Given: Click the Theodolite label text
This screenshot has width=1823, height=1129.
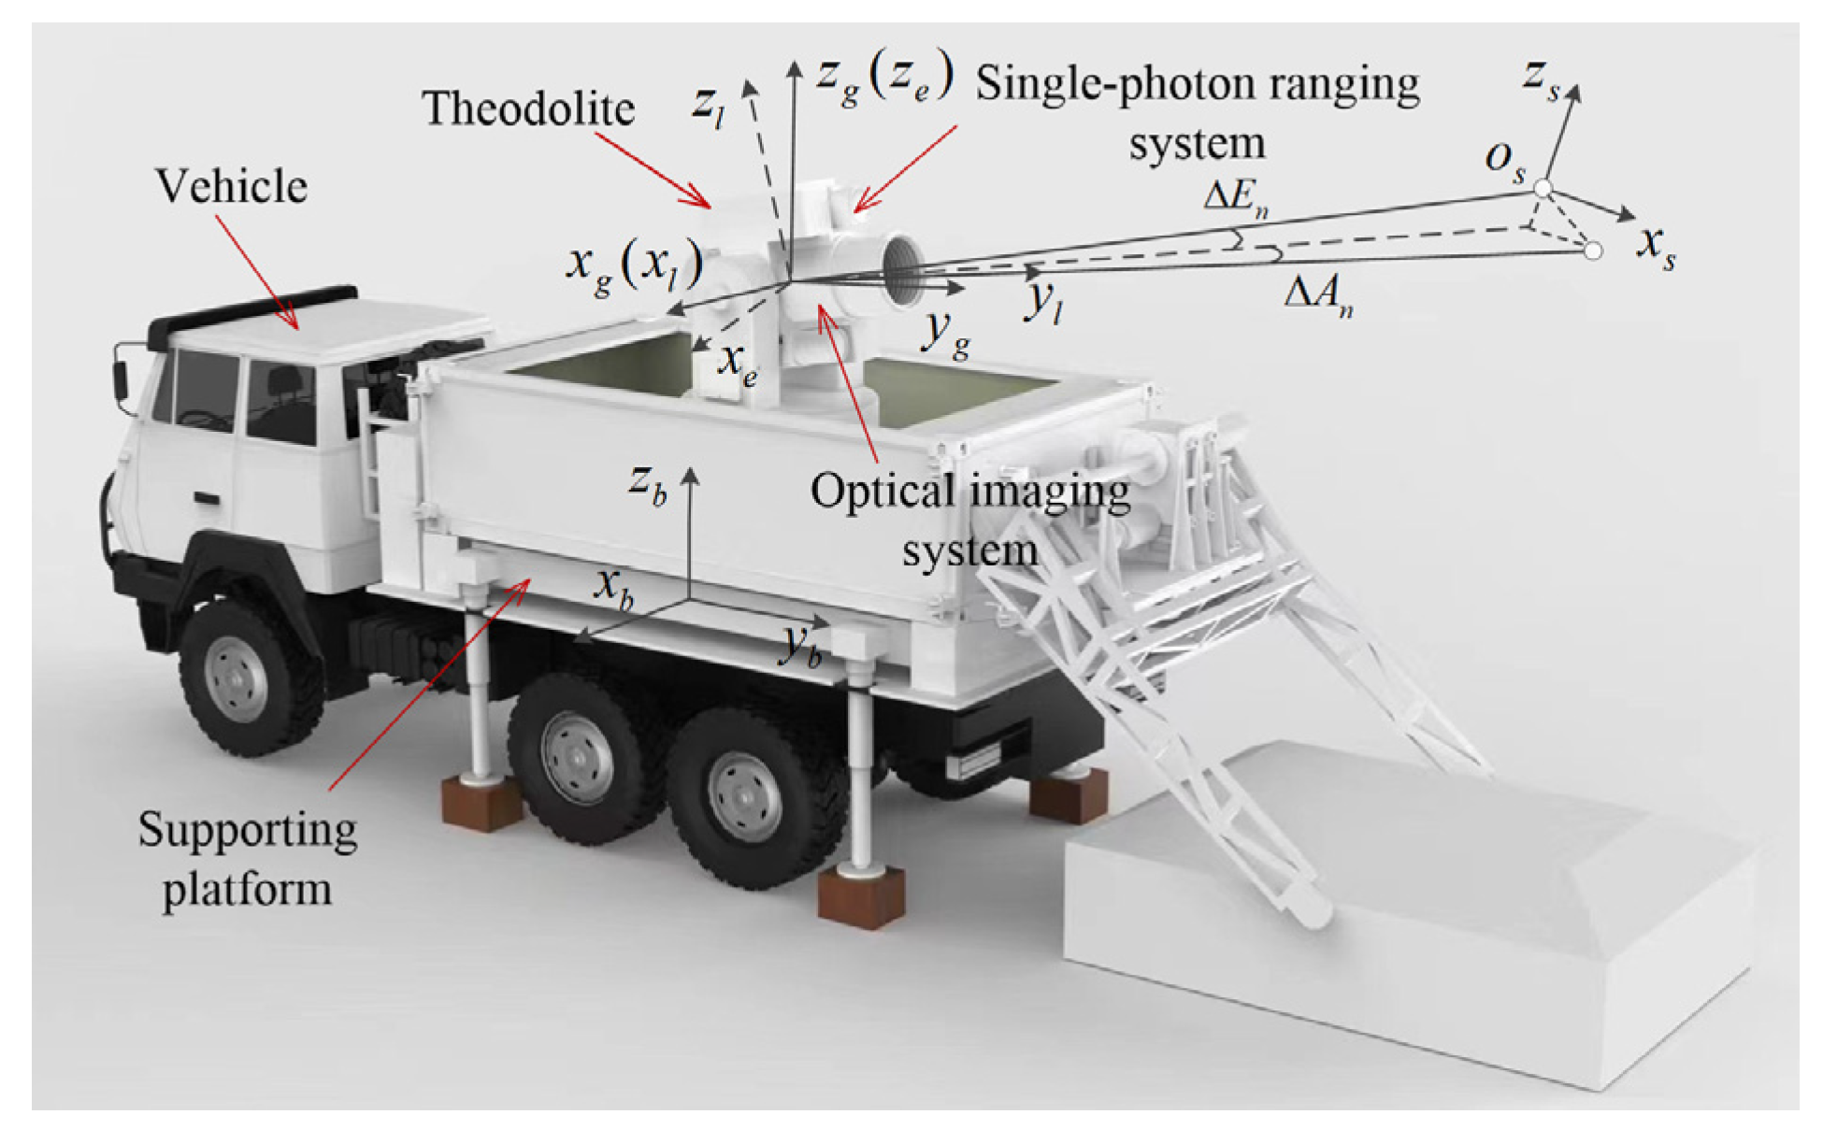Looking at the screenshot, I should (x=528, y=108).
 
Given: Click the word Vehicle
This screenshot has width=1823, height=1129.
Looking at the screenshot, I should (x=231, y=186).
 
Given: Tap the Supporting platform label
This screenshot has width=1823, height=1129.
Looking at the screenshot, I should (x=247, y=858).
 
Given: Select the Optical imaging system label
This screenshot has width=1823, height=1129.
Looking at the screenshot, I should (x=970, y=520).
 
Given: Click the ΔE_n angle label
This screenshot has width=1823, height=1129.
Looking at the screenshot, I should (x=1235, y=198).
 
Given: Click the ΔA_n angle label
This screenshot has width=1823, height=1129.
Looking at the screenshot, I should (x=1318, y=295).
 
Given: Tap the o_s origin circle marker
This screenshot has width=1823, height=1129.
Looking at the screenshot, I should (x=1543, y=189).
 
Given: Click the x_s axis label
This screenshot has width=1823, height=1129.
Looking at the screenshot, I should (x=1656, y=247).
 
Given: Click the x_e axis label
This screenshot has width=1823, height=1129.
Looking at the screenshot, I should (x=738, y=364).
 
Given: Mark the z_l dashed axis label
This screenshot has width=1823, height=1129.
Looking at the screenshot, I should (x=707, y=105).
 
